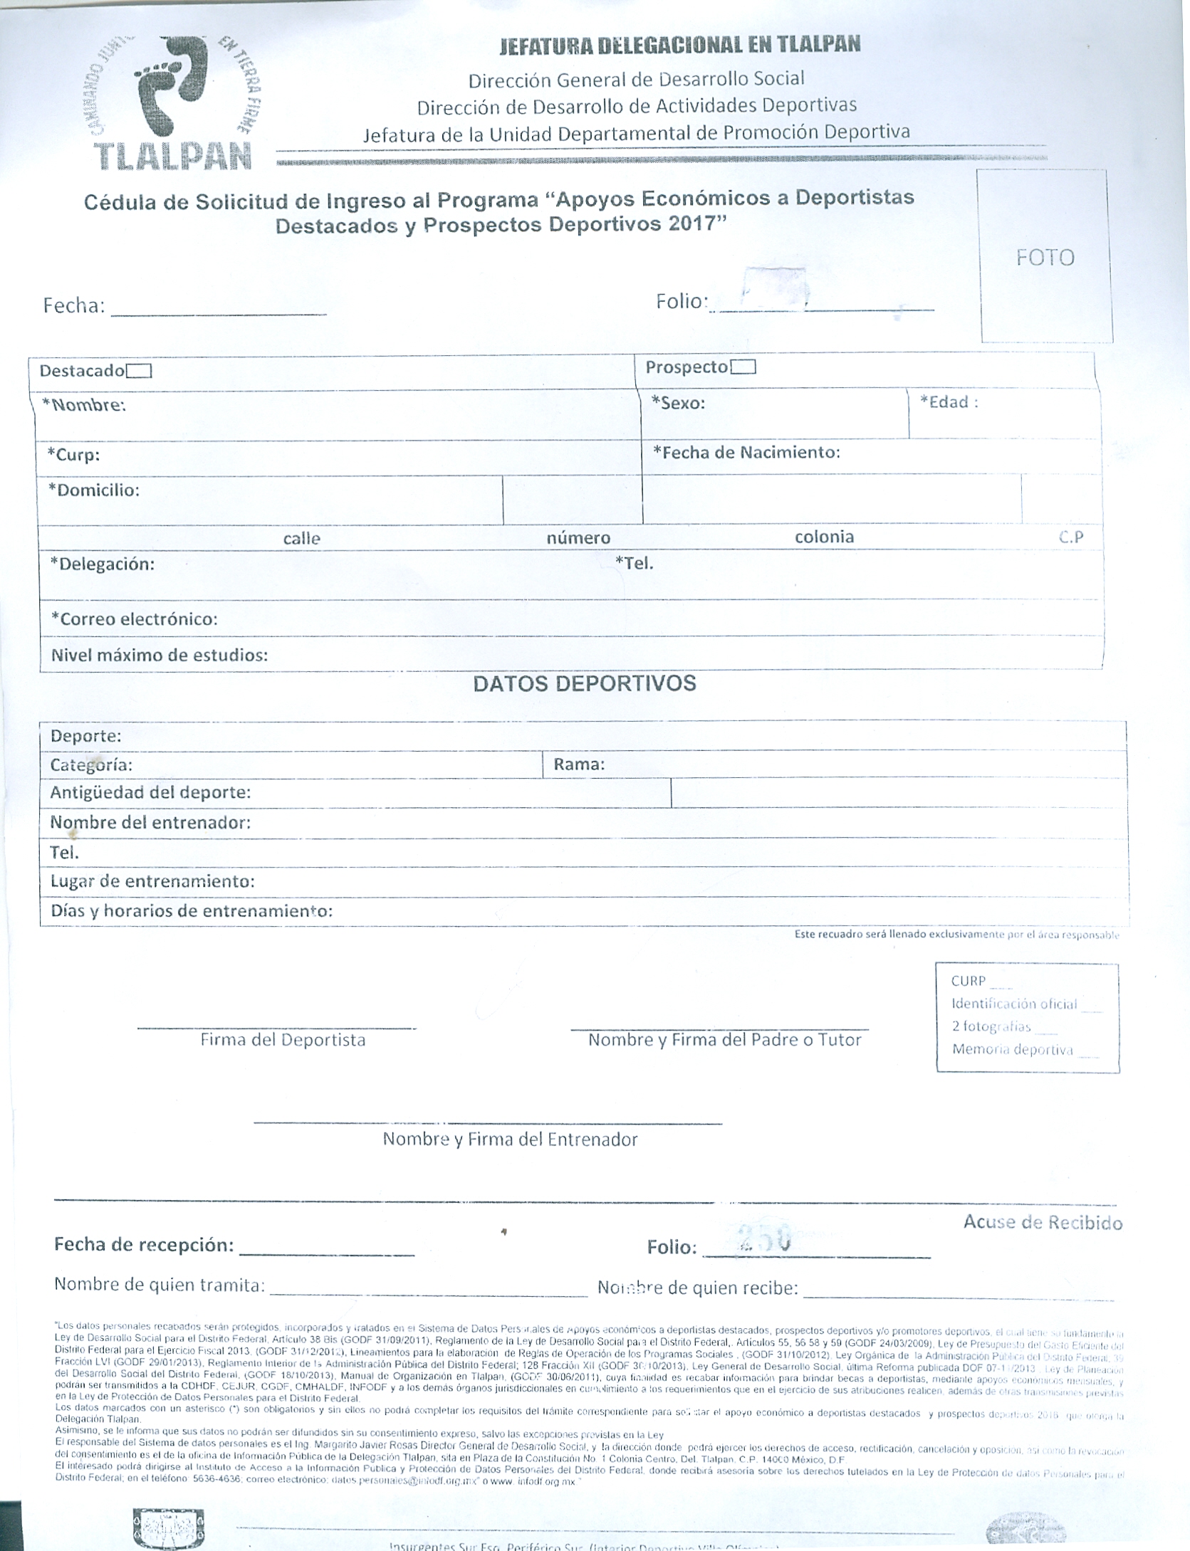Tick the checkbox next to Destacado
point(139,371)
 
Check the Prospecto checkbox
point(743,367)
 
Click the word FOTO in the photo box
point(1045,257)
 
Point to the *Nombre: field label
point(84,405)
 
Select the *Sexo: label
point(678,403)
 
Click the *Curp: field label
point(73,454)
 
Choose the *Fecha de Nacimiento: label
point(747,452)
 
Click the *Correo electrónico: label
point(134,619)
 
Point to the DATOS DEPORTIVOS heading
point(585,683)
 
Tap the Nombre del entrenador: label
point(150,823)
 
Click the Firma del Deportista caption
point(283,1040)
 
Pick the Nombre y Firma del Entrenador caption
point(510,1139)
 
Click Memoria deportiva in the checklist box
point(1012,1049)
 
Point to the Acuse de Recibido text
point(1043,1222)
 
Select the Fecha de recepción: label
point(144,1245)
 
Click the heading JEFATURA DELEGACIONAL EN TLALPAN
point(679,45)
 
